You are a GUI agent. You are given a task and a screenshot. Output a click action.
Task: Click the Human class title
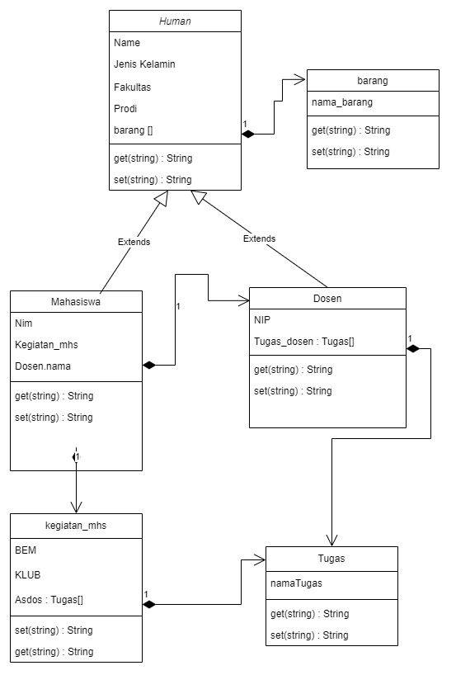point(175,21)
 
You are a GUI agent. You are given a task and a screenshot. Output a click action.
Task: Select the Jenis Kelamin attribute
point(144,64)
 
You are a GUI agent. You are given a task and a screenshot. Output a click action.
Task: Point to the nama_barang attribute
point(342,103)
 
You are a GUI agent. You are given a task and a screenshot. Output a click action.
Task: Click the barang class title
point(373,81)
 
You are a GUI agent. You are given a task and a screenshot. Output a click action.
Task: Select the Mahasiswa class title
point(76,301)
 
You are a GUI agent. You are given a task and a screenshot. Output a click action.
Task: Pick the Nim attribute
point(24,323)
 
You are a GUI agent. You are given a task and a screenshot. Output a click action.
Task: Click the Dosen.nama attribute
point(45,366)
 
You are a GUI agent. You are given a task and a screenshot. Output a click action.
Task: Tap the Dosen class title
point(327,298)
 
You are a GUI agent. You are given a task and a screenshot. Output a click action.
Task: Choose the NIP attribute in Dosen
point(262,319)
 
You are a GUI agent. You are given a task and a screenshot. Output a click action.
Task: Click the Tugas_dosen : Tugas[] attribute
point(304,341)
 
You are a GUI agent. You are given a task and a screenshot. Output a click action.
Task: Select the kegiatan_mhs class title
point(76,524)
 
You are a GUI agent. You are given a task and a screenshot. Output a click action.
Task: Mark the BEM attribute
point(26,549)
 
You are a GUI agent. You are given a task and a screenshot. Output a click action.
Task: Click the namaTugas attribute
point(297,583)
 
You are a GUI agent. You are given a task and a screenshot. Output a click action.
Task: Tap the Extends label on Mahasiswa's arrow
point(134,243)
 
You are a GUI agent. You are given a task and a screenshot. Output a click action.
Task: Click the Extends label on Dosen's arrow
point(259,238)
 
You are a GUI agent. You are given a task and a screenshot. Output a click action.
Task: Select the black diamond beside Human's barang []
point(248,133)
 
